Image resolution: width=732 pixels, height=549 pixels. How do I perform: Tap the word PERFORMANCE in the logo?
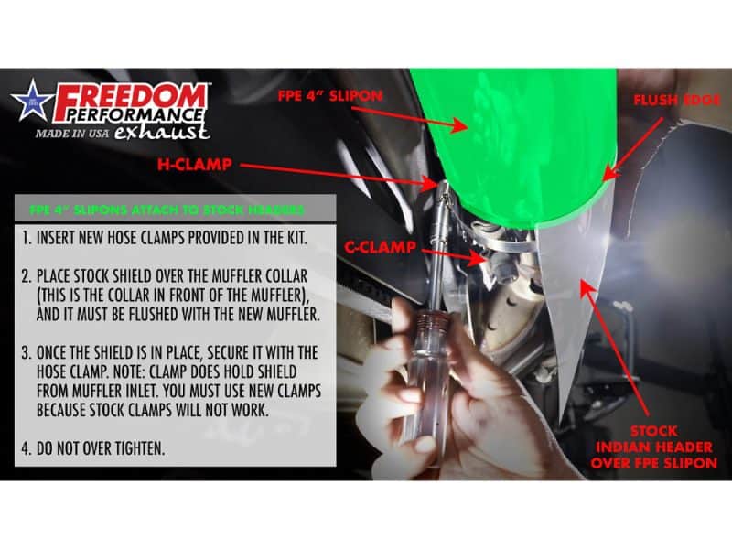(130, 116)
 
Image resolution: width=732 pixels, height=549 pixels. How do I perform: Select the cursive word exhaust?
(174, 132)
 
